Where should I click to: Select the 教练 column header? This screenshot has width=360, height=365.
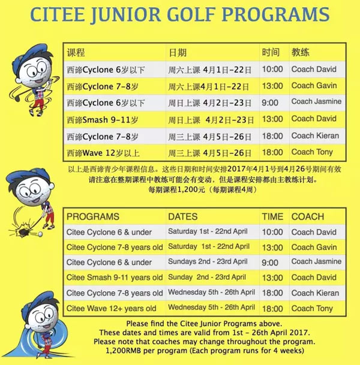[x=301, y=52]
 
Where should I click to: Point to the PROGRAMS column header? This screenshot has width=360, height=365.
[x=93, y=216]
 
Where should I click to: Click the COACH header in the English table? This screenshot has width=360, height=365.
[x=307, y=216]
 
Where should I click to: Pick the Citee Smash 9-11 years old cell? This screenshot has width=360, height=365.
[x=114, y=277]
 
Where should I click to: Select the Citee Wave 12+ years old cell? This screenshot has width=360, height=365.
[x=112, y=308]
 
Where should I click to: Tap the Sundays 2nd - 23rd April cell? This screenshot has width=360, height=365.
[x=207, y=262]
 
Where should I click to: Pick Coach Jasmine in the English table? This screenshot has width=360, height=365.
[x=316, y=262]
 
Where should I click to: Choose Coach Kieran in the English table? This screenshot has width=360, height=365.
[x=314, y=293]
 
